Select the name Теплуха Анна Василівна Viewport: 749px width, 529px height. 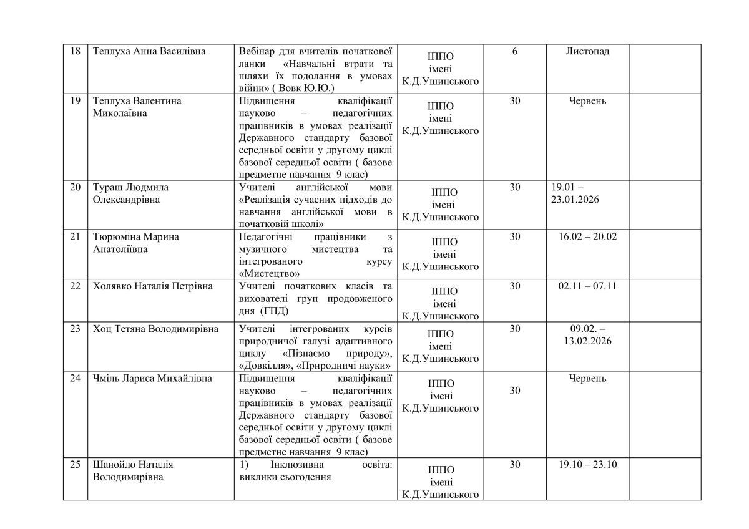click(x=149, y=52)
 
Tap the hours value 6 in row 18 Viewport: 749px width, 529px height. click(x=514, y=52)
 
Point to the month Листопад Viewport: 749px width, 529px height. click(x=587, y=52)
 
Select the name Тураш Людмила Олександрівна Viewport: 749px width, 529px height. click(x=131, y=193)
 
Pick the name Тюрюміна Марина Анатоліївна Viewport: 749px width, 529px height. click(x=136, y=243)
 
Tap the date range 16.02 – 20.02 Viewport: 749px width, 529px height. click(x=587, y=236)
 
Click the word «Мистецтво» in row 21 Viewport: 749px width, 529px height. click(x=270, y=273)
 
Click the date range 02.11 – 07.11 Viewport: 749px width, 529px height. click(x=587, y=286)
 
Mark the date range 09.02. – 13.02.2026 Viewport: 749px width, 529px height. click(x=587, y=335)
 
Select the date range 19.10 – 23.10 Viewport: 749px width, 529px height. click(x=587, y=465)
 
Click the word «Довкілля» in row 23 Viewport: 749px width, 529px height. click(x=265, y=365)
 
